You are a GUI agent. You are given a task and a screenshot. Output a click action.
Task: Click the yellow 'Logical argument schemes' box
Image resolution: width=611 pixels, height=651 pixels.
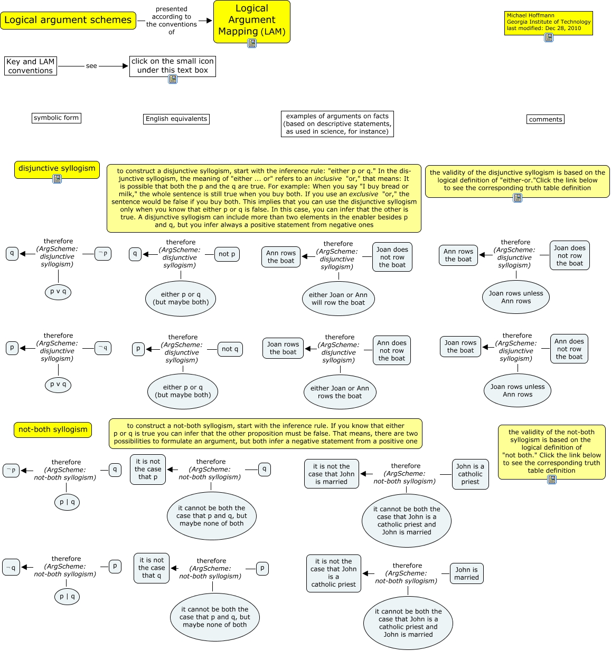[68, 21]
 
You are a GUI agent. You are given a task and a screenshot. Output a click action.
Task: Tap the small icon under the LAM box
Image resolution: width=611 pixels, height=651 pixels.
[252, 43]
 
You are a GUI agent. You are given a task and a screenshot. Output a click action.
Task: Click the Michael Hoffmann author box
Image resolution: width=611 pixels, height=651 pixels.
[548, 23]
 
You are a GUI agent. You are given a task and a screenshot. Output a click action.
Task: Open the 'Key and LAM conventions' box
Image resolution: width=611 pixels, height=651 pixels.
[31, 66]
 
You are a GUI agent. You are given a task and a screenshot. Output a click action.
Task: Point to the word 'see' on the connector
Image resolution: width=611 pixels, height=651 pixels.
[91, 66]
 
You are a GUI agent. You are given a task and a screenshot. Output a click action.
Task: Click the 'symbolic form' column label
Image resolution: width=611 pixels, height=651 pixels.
[57, 118]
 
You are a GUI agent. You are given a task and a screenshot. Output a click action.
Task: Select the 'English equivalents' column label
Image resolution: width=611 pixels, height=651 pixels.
[176, 119]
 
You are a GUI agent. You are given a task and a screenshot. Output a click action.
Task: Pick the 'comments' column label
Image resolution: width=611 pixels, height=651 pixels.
[546, 119]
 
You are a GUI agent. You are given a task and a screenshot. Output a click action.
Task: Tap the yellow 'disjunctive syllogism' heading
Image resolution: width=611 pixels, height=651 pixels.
[57, 168]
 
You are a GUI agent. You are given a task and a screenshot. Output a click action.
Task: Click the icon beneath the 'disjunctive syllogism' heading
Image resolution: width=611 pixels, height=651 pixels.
[57, 179]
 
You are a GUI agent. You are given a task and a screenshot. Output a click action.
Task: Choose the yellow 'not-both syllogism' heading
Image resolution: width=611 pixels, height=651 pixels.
[53, 429]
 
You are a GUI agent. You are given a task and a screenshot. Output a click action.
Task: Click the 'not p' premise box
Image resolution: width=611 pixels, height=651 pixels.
[228, 254]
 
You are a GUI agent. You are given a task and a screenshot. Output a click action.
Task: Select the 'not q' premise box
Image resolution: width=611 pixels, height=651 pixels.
[230, 349]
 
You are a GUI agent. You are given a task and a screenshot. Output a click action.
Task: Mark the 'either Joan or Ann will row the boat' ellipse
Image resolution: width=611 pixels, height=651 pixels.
[338, 299]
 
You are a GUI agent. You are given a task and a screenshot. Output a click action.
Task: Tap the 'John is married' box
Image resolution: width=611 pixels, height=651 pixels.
[466, 573]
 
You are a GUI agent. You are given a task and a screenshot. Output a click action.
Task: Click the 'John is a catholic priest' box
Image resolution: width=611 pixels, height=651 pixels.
[470, 474]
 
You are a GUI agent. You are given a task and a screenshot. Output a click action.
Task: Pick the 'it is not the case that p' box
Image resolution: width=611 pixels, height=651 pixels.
[148, 469]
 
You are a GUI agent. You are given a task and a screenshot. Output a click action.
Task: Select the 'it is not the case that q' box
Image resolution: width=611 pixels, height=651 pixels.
[152, 568]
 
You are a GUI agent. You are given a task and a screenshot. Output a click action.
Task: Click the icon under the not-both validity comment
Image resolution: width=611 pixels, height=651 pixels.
[552, 480]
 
